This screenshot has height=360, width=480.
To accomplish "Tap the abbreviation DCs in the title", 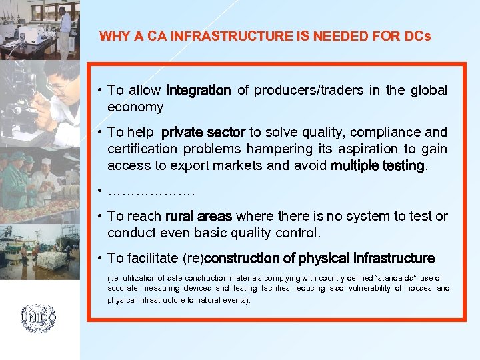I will pos(417,36).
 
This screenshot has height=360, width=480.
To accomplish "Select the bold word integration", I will pos(198,90).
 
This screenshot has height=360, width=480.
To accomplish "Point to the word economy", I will pos(135,107).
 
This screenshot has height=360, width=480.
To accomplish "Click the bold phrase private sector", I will pos(203,132).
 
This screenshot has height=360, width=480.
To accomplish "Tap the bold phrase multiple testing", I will pos(377,165).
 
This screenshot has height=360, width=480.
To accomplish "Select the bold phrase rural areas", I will pos(199,216).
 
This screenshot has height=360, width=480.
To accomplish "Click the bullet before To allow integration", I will pos(98,90).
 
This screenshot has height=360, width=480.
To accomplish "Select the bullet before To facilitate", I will pos(98,258).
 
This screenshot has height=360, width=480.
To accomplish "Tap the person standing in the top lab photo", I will pos(65,27).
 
